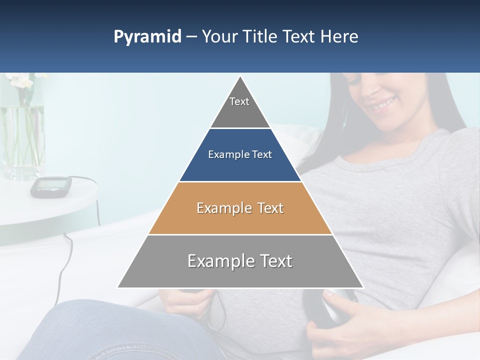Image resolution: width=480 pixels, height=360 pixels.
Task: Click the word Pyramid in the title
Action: tap(147, 36)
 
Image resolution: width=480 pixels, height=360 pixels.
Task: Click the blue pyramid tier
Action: tap(240, 155)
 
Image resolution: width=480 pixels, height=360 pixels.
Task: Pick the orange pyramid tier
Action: tap(240, 208)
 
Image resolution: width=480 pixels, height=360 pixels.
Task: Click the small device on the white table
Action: tap(50, 186)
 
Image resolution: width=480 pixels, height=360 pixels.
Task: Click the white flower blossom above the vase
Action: tap(20, 80)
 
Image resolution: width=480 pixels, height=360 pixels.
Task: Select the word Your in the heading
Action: tap(219, 36)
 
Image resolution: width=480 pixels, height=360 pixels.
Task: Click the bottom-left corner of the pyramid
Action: tap(118, 287)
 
